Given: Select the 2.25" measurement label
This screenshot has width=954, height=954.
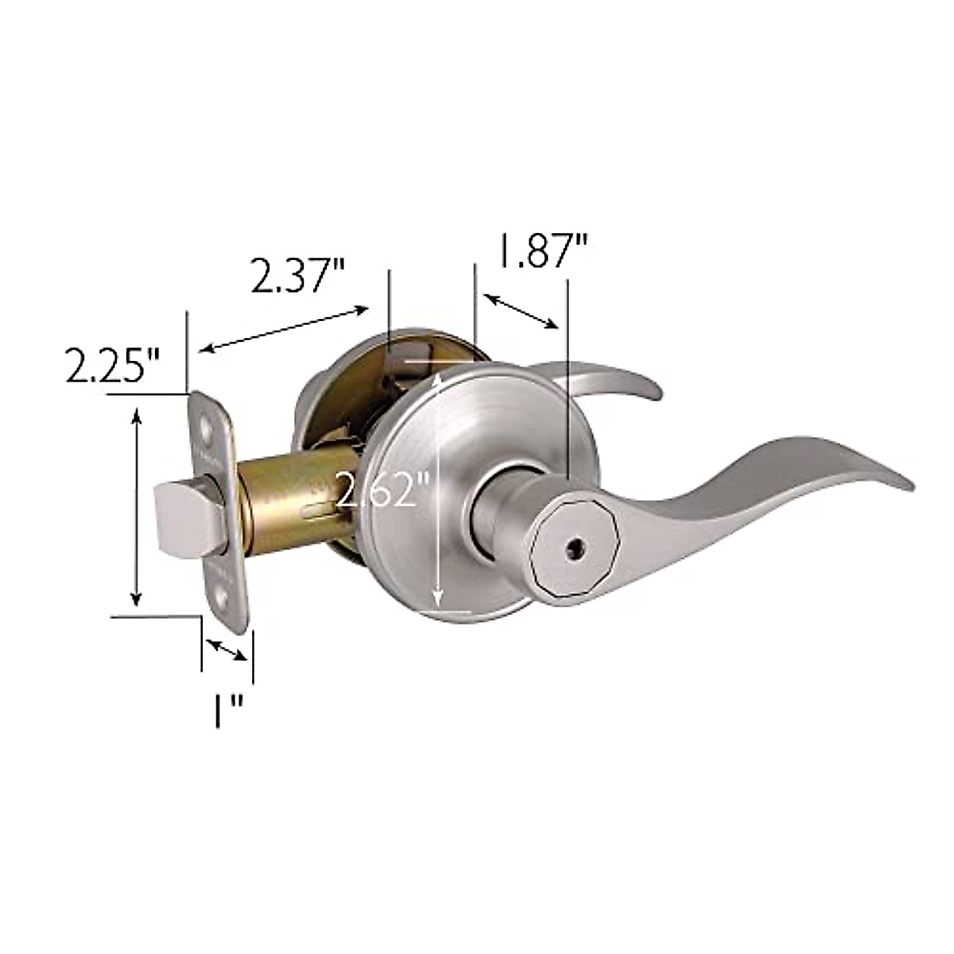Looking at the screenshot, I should click(x=113, y=368).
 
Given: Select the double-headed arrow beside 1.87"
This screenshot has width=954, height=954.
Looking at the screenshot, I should click(x=521, y=311).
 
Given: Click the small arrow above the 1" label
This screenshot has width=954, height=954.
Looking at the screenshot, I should click(x=226, y=648).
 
